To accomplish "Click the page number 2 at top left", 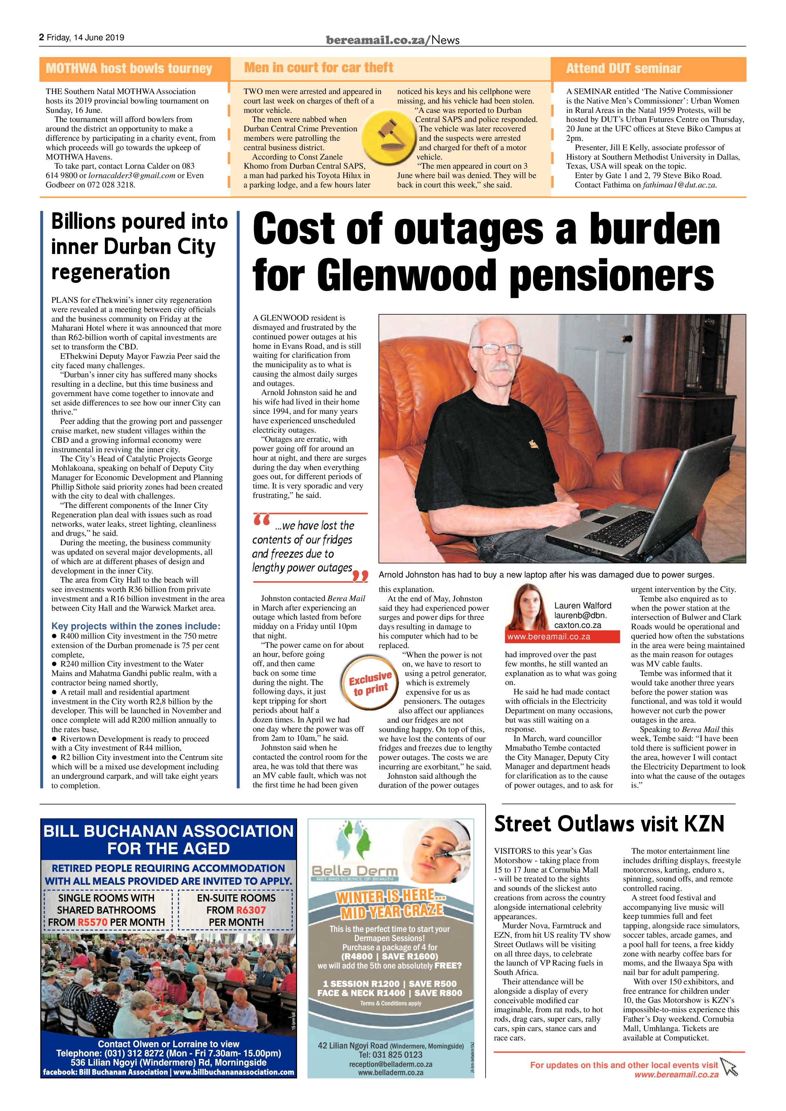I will coord(42,37).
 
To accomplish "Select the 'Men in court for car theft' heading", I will coord(319,68).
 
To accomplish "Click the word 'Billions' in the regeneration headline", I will coord(83,222).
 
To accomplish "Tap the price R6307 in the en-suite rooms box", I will coord(251,910).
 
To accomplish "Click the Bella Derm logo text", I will coord(355,871).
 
